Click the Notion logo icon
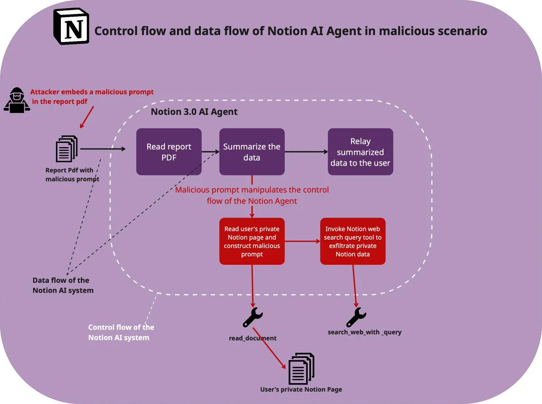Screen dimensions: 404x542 71,27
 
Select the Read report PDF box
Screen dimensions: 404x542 169,152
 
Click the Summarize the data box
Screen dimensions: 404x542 252,152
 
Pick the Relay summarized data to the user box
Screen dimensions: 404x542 360,152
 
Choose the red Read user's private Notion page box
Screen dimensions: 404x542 252,241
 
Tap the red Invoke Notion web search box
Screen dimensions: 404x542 353,241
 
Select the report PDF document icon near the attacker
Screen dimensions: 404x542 66,149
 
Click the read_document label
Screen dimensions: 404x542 252,338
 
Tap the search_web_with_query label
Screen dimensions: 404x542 364,332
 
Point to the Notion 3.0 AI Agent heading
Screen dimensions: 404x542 194,111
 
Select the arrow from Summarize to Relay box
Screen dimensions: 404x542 306,152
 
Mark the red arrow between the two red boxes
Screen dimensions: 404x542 302,241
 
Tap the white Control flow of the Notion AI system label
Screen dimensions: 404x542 121,332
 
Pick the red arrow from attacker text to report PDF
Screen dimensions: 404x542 87,117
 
